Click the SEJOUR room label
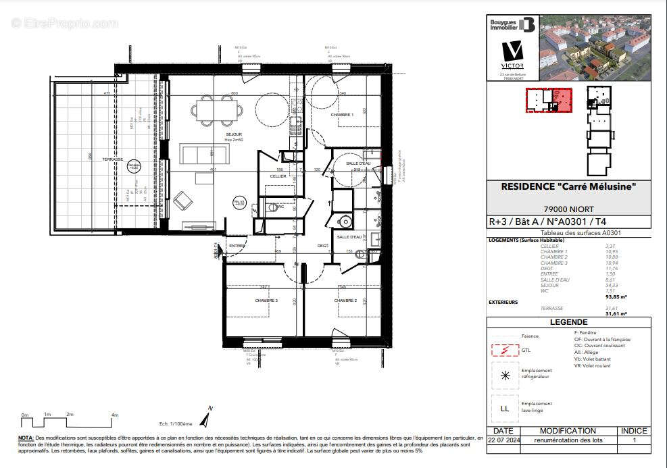click(234, 134)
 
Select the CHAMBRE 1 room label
click(342, 115)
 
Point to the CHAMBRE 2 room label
click(345, 300)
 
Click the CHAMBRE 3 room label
click(266, 300)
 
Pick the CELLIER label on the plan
click(278, 176)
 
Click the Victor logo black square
click(512, 53)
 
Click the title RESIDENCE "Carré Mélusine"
click(568, 186)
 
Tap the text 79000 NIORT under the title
click(568, 208)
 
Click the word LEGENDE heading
click(568, 323)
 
